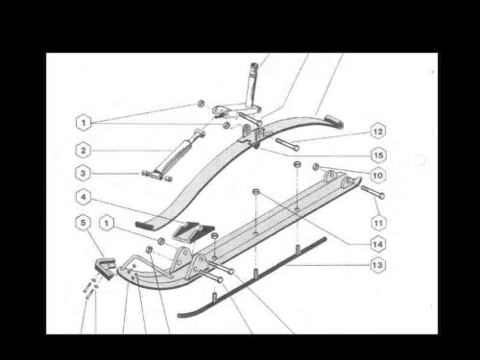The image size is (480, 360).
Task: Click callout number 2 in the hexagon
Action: click(84, 150)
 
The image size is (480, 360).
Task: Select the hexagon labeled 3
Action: click(84, 174)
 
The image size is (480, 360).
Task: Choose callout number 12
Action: click(377, 131)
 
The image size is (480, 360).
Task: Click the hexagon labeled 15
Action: click(377, 154)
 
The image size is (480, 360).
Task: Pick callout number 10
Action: click(377, 176)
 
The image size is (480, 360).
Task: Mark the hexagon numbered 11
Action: click(377, 223)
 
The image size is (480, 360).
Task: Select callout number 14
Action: click(377, 244)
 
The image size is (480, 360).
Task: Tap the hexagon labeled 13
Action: click(377, 265)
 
